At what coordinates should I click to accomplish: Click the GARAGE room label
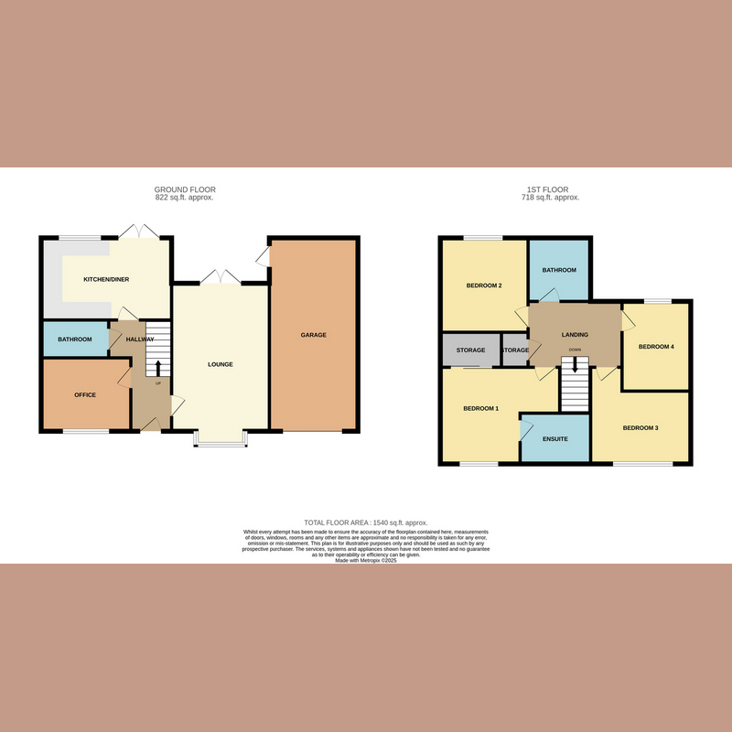click(313, 335)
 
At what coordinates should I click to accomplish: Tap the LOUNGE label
click(220, 364)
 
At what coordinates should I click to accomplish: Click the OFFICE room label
click(85, 395)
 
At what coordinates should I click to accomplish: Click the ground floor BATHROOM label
click(75, 339)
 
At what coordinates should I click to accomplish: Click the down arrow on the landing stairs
click(575, 364)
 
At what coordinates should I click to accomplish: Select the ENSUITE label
click(554, 439)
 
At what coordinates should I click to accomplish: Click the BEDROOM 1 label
click(480, 408)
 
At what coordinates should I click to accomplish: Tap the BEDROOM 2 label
click(484, 285)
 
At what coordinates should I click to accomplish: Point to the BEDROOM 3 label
click(640, 428)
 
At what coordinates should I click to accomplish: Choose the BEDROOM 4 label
click(655, 347)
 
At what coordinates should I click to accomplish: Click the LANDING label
click(575, 335)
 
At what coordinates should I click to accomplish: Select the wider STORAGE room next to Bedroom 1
click(470, 350)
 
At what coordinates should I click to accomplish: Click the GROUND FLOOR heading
click(185, 189)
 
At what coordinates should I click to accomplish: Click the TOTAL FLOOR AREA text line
click(366, 522)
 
